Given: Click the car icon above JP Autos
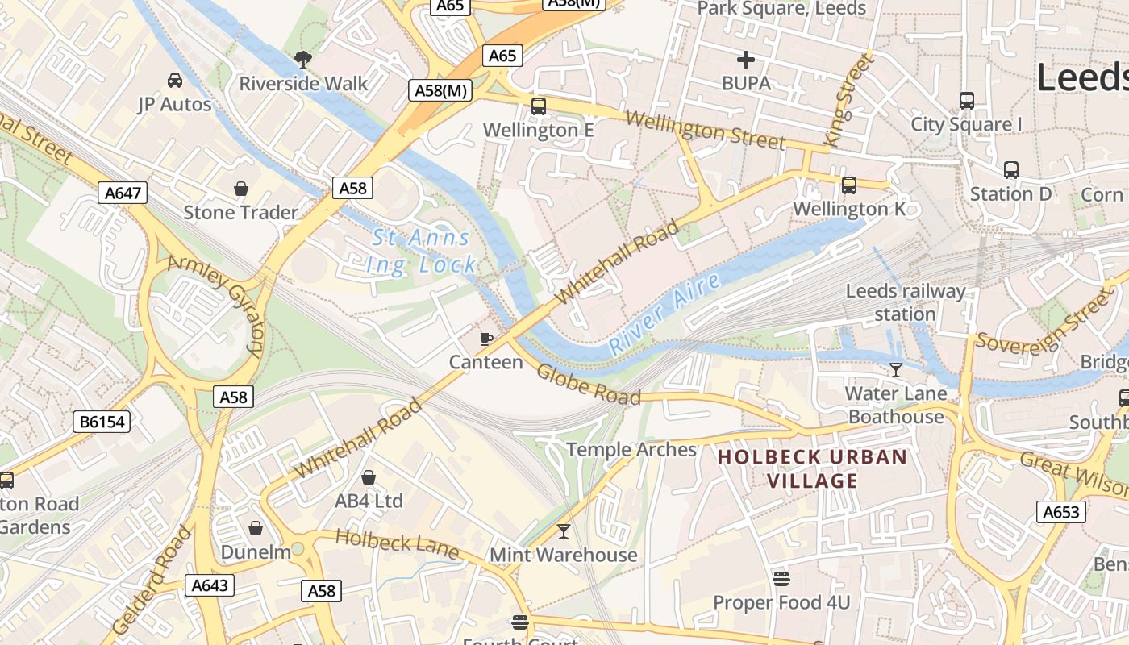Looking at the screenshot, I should click(175, 81).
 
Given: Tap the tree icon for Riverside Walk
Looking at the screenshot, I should click(303, 59).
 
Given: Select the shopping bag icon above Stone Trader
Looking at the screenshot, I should click(240, 189).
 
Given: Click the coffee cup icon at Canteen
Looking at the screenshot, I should click(485, 339).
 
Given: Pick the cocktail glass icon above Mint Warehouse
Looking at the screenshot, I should click(564, 531).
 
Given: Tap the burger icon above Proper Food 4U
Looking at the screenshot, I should click(781, 578).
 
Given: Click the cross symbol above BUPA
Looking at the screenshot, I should click(746, 59).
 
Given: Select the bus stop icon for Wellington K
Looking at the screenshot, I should click(849, 185).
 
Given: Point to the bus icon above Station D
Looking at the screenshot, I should click(1010, 170).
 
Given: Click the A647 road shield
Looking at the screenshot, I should click(123, 193).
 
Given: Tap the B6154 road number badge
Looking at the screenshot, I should click(102, 422).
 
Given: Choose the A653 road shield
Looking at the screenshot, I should click(1060, 512).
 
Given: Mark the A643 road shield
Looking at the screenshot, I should click(210, 585).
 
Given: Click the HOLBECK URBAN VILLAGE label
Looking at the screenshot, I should click(812, 469).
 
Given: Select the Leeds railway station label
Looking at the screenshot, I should click(905, 302).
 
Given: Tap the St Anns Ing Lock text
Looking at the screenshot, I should click(421, 251).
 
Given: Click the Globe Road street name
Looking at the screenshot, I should click(589, 385).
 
